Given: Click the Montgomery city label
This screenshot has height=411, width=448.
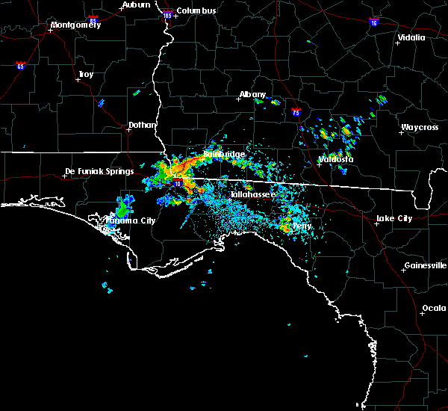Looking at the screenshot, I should click(x=75, y=25).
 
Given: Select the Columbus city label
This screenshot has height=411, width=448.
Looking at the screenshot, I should click(x=197, y=10).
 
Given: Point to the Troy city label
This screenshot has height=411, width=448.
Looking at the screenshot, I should click(x=86, y=74).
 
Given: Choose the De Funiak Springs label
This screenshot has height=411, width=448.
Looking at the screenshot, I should click(x=99, y=171).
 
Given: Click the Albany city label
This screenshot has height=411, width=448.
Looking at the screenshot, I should click(x=252, y=95).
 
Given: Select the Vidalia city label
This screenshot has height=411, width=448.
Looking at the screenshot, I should click(x=411, y=37).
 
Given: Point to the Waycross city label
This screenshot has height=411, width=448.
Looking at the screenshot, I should click(x=419, y=127).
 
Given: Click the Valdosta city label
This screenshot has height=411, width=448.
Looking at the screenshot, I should click(x=335, y=159).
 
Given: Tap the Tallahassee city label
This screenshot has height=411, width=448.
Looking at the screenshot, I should click(x=252, y=194).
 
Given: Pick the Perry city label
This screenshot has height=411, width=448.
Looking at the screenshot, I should click(x=302, y=226).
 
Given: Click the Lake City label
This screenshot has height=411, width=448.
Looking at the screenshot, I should click(x=393, y=218).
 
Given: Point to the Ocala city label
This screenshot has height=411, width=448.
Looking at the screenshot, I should click(x=434, y=308).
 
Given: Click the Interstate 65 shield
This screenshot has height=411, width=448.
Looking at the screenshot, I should click(x=20, y=66).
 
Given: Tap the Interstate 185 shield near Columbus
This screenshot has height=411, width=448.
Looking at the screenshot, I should click(x=167, y=14).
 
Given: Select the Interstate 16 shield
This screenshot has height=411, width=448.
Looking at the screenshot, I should click(x=373, y=22).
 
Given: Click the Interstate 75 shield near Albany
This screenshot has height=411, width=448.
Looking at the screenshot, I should click(x=296, y=112).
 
